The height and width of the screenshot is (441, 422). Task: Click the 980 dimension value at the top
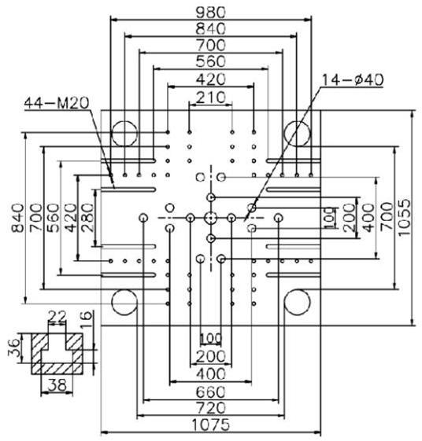[x=211, y=12]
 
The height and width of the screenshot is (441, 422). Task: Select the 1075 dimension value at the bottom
[x=211, y=424]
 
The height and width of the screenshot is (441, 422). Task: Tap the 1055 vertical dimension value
[x=405, y=217]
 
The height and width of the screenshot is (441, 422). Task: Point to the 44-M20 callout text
[x=57, y=103]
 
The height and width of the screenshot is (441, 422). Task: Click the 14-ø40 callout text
[x=353, y=80]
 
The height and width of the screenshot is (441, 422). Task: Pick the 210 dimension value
[x=211, y=97]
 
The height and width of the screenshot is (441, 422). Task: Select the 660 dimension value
[x=211, y=391]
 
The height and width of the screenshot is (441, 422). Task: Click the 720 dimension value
[x=211, y=408]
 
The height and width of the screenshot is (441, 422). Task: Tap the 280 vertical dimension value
[x=87, y=217]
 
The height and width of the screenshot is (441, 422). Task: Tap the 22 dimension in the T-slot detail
[x=57, y=316]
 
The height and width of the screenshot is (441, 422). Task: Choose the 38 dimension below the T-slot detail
[x=57, y=384]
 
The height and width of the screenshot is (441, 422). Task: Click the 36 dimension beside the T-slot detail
[x=14, y=347]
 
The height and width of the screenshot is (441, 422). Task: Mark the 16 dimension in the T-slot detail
[x=86, y=319]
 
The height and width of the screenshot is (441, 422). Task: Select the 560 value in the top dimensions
[x=211, y=61]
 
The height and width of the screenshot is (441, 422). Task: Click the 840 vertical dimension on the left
[x=17, y=218]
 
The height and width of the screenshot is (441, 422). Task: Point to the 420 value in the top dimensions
[x=211, y=79]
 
